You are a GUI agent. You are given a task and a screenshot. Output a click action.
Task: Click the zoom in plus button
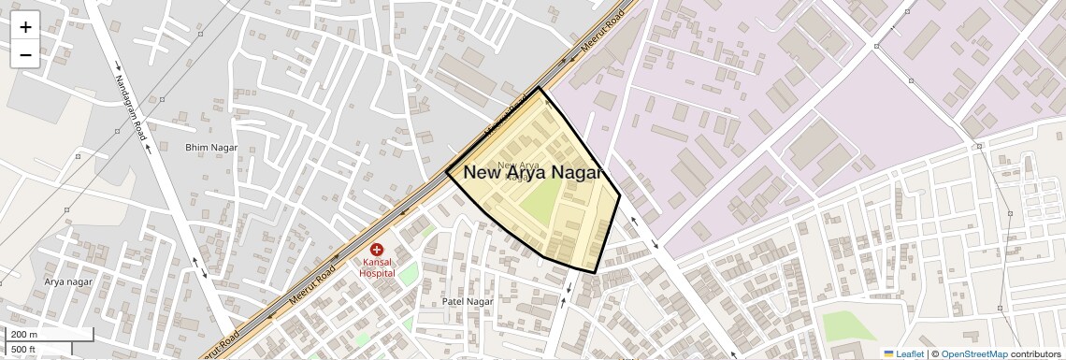coord(25,27)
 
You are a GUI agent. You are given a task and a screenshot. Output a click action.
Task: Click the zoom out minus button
coord(25,55)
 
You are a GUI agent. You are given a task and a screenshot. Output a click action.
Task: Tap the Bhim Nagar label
coord(211,148)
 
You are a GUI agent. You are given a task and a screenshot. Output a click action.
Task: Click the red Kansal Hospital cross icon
coord(377,250)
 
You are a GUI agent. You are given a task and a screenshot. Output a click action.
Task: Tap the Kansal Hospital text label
coord(378,267)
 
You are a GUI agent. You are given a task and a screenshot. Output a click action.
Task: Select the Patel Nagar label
coord(467,302)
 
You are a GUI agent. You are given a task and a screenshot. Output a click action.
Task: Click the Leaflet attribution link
coord(909,353)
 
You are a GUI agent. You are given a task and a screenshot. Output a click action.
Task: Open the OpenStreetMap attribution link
coord(973,353)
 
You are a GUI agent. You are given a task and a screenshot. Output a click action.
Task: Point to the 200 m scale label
coord(24,335)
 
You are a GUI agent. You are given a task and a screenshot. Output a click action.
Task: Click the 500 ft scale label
coord(23,350)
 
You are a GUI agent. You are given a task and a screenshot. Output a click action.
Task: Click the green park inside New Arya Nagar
coord(540,200)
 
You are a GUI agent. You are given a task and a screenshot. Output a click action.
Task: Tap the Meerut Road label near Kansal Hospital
coord(313,289)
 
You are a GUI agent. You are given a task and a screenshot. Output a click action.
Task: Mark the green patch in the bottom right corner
coord(848,325)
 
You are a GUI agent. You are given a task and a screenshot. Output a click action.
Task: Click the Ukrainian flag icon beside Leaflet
coord(888,353)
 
